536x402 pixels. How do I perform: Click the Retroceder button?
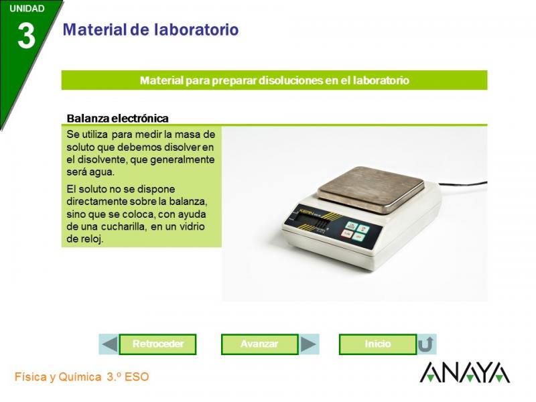(x=157, y=344)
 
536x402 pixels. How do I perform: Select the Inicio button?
(x=378, y=344)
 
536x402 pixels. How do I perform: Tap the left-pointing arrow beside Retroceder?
(x=110, y=344)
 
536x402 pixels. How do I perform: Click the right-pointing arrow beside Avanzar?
(x=308, y=344)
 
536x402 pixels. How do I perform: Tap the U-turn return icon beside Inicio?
(x=426, y=344)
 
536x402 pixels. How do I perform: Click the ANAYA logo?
(x=464, y=373)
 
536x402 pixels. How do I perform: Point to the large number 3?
(x=26, y=36)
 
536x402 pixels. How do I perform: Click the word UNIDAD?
(x=27, y=9)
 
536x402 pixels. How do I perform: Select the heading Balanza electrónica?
(x=118, y=119)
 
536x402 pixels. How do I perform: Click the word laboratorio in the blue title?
(x=196, y=29)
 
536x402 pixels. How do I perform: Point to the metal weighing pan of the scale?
(x=371, y=190)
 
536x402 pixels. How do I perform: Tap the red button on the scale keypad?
(x=347, y=234)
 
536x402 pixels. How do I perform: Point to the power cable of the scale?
(x=462, y=184)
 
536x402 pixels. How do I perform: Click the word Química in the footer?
(x=80, y=377)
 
